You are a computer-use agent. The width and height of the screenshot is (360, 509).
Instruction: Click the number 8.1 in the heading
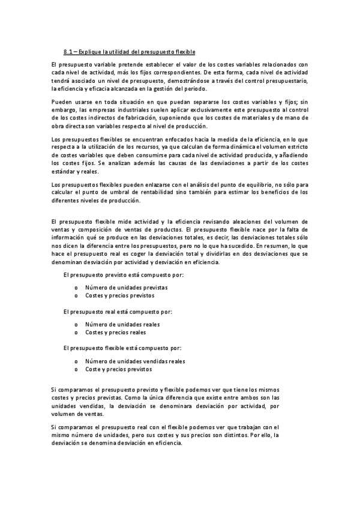tap(68, 52)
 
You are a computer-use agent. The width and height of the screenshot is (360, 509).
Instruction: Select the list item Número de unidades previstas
tap(125, 287)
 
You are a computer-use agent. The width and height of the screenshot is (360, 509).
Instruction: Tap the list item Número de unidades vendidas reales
tap(134, 361)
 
